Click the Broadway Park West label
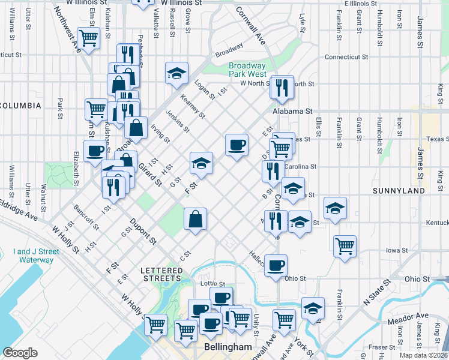[x=247, y=70]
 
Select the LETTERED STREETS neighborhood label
[x=161, y=274]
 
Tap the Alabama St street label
[x=293, y=112]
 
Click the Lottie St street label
[x=212, y=284]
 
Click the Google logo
[x=20, y=353]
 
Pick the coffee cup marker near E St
[x=237, y=145]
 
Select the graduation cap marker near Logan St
[x=176, y=73]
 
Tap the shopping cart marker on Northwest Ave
[x=89, y=38]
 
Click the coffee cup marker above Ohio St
[x=276, y=265]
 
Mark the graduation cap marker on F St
[x=202, y=163]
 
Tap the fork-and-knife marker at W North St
[x=281, y=88]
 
